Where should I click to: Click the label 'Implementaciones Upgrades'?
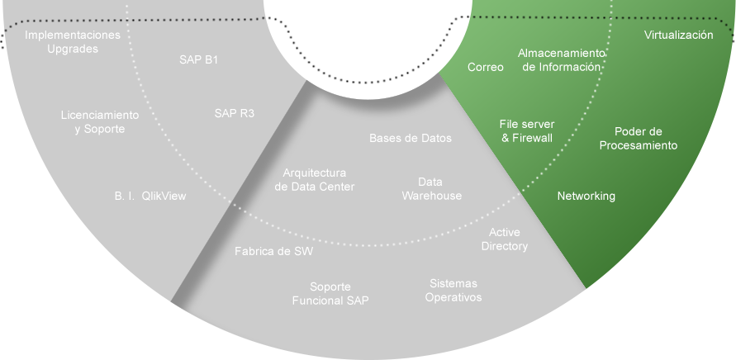pos(73,42)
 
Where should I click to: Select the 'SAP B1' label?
pos(199,60)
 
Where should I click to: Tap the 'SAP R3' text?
pos(234,113)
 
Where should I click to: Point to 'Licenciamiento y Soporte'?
pos(100,122)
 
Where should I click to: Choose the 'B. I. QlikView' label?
pos(150,197)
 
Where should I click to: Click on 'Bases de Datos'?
pos(411,138)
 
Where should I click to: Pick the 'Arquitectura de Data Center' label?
pos(314,180)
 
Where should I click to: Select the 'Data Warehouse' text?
pos(431,188)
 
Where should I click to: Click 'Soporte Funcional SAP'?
pos(330,293)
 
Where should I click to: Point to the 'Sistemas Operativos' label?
pos(453,290)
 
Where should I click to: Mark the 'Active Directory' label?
pos(504,239)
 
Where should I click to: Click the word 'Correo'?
pos(486,67)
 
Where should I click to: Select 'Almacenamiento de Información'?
pos(562,59)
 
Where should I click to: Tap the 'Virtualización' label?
pos(678,36)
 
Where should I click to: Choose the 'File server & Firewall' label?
pos(527,130)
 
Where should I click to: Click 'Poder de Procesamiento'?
pos(639,138)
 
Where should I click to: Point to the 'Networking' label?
pos(586,196)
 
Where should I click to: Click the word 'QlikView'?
pos(164,197)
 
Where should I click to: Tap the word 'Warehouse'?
pos(431,196)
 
